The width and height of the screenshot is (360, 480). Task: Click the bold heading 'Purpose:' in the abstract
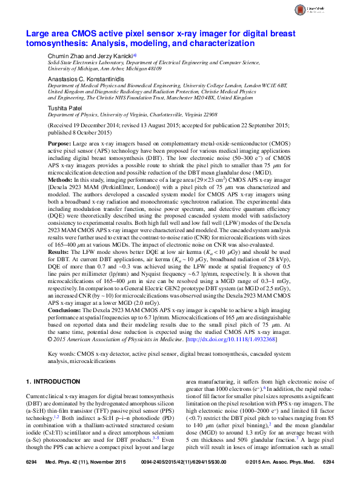tap(59, 144)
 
